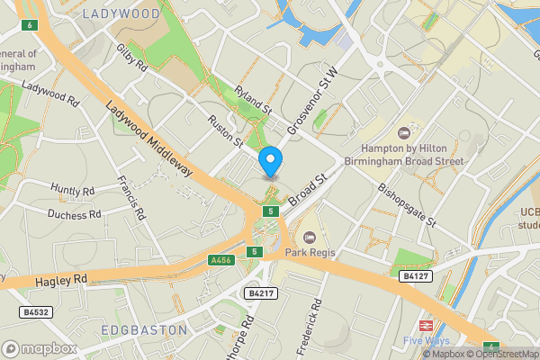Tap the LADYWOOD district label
click(121, 14)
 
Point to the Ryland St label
click(252, 100)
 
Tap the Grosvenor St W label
click(312, 100)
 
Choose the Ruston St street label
click(225, 130)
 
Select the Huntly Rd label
click(72, 190)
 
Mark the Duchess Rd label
click(75, 215)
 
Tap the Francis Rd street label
click(131, 199)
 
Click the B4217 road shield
click(257, 293)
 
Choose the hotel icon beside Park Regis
click(309, 238)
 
